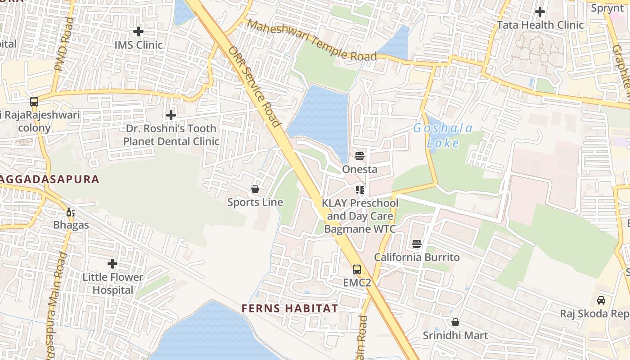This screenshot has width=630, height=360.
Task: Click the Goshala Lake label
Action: (x=443, y=136)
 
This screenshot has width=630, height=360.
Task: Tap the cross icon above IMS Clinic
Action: (x=138, y=31)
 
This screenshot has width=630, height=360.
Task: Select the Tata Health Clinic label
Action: (x=540, y=25)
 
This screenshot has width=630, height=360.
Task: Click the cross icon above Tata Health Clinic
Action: (x=540, y=12)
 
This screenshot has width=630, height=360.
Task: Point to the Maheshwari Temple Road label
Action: (x=312, y=40)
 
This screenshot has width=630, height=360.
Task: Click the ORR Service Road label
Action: (x=255, y=87)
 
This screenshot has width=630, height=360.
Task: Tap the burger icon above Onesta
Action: (x=360, y=156)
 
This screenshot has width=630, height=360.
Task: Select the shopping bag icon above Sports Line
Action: (x=255, y=189)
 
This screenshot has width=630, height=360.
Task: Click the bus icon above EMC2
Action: (x=357, y=270)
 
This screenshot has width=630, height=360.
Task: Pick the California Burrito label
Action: (x=417, y=257)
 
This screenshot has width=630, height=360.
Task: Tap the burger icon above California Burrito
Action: (x=417, y=244)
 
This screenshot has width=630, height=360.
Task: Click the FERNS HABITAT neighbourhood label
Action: (x=290, y=309)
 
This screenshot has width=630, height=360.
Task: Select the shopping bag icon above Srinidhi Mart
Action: (x=455, y=322)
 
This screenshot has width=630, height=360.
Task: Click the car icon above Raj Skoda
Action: (x=601, y=300)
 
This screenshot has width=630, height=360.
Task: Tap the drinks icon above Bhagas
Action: (x=71, y=212)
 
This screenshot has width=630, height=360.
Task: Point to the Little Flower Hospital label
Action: (x=112, y=283)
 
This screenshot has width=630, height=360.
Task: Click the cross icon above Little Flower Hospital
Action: (x=112, y=263)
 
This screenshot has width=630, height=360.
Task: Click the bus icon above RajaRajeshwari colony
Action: (x=34, y=102)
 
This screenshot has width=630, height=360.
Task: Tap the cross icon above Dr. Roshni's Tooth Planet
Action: (x=171, y=115)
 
